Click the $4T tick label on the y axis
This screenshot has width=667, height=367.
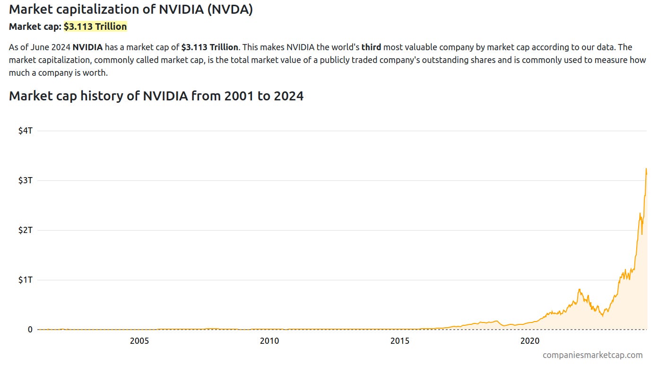coord(25,131)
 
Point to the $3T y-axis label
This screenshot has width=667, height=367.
coord(25,180)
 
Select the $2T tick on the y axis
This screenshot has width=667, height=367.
coord(25,230)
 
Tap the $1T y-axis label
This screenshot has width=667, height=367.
coord(25,280)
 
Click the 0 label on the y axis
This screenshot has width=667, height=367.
coord(30,330)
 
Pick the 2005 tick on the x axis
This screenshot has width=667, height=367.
coord(139,341)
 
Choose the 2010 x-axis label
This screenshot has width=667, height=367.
coord(269,341)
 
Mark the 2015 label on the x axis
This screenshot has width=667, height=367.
coord(400,341)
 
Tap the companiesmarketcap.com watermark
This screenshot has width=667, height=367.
coord(592,355)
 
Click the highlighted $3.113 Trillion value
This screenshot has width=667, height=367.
coord(95,27)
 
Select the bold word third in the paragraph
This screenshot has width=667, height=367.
coord(371,47)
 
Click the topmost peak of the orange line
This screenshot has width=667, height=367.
coord(646,169)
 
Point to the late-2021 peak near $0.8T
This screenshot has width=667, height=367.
coord(579,289)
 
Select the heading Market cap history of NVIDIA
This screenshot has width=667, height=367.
coord(156,96)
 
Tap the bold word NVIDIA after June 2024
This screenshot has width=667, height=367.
coord(87,47)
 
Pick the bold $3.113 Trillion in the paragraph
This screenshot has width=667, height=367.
coord(209,47)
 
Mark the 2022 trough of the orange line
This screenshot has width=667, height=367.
coord(602,316)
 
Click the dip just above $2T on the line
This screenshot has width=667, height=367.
coord(641,234)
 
